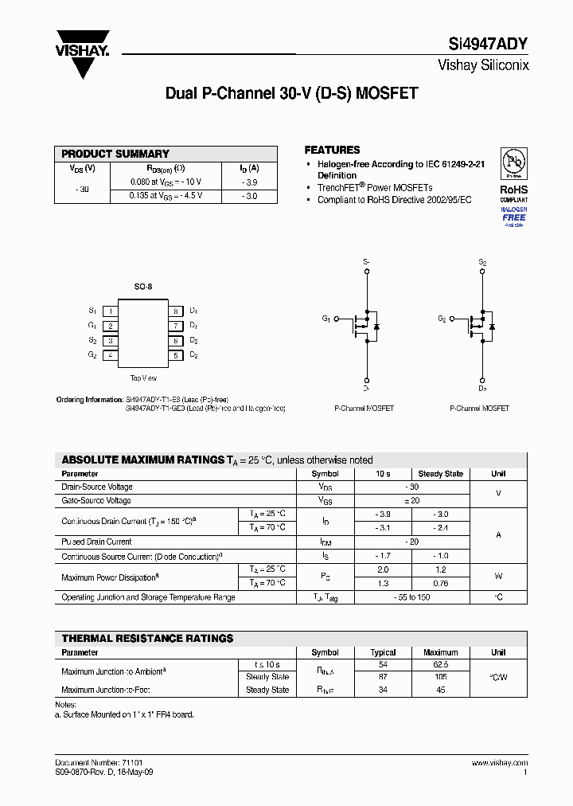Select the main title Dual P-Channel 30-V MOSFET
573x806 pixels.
pyautogui.click(x=291, y=93)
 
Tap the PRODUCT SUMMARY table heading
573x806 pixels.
pyautogui.click(x=115, y=154)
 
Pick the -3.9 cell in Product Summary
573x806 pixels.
pyautogui.click(x=249, y=182)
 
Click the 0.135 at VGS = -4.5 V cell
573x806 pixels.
pyautogui.click(x=166, y=195)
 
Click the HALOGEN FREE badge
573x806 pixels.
pyautogui.click(x=514, y=216)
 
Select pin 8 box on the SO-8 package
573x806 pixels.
pyautogui.click(x=176, y=311)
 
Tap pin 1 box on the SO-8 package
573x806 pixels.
pyautogui.click(x=111, y=311)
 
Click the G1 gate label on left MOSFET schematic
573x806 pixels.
pyautogui.click(x=326, y=319)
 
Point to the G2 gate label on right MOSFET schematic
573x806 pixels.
pyautogui.click(x=442, y=319)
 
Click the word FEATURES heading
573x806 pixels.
pyautogui.click(x=332, y=150)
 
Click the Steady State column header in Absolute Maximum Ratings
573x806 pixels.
pyautogui.click(x=440, y=474)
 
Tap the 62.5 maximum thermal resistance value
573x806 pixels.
pyautogui.click(x=440, y=664)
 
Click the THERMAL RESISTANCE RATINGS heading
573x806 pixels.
pyautogui.click(x=147, y=639)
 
